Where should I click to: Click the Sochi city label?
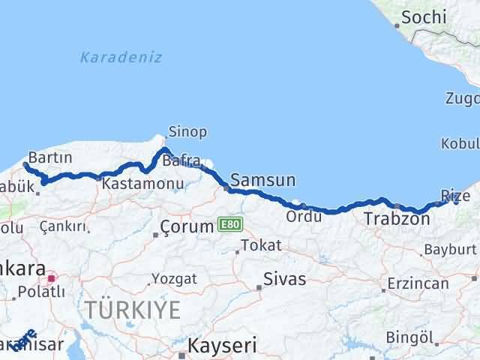[x=424, y=17]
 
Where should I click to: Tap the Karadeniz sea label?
[x=121, y=57]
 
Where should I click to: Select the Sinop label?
[x=187, y=132]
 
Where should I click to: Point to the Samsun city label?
[x=262, y=180]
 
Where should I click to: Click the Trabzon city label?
[x=397, y=220]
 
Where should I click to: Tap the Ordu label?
[x=304, y=217]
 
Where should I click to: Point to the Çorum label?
[x=188, y=225]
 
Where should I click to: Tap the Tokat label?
[x=262, y=245]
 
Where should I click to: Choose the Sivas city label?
[x=285, y=280]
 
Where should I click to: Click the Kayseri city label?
[x=222, y=346]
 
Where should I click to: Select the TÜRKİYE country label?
[x=132, y=309]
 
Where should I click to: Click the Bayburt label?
[x=450, y=249]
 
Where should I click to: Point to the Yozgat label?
[x=174, y=279]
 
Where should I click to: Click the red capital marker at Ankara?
[x=51, y=278]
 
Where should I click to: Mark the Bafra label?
[x=181, y=160]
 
